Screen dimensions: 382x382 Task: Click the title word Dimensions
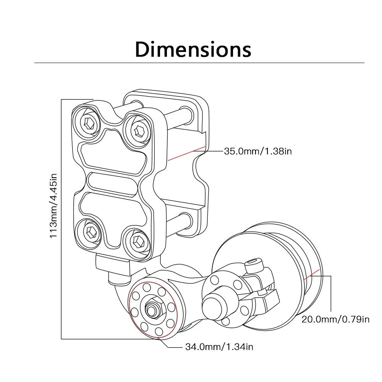pos(193,49)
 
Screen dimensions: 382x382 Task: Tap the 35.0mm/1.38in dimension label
pos(258,152)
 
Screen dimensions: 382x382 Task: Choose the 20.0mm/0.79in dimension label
pos(335,319)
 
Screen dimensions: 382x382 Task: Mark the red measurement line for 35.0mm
pos(186,154)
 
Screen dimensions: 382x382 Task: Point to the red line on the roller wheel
pos(311,274)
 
